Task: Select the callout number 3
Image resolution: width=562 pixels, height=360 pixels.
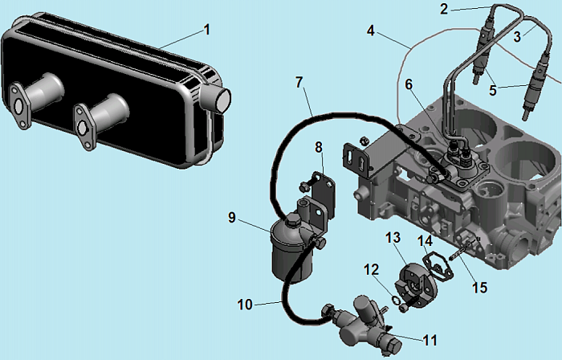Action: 518,36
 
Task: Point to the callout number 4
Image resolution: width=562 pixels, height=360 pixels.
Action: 370,31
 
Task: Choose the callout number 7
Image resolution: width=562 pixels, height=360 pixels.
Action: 299,82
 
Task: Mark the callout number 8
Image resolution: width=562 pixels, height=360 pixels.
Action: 319,147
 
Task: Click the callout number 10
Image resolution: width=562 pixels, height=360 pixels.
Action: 245,305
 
